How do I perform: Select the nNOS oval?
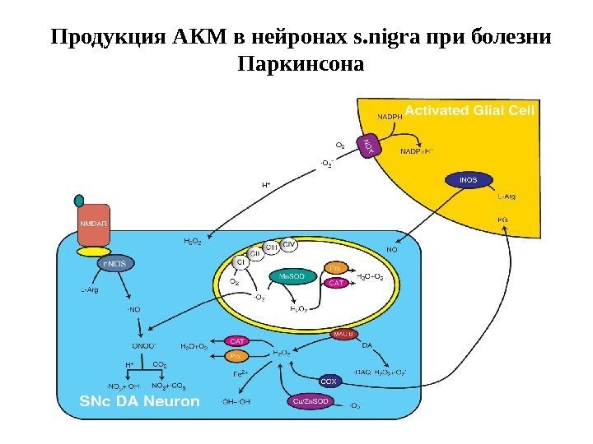click(115, 264)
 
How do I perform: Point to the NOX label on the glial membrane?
click(368, 146)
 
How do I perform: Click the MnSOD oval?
click(292, 277)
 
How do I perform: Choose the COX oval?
click(329, 381)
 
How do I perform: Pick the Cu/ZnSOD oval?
click(311, 400)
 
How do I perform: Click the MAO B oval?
click(344, 334)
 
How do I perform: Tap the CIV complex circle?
click(289, 244)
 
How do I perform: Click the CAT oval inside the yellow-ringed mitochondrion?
click(336, 283)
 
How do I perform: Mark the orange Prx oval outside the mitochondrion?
click(236, 356)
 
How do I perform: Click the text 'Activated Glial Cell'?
click(470, 110)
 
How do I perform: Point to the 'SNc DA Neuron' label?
click(139, 401)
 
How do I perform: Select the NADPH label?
click(390, 117)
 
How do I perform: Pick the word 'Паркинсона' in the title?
click(299, 62)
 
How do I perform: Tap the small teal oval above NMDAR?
click(79, 200)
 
